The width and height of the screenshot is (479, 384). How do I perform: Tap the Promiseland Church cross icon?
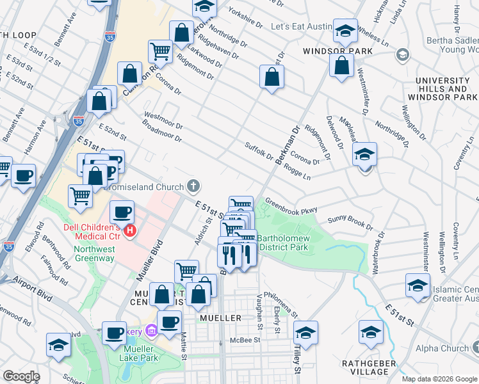click(x=193, y=186)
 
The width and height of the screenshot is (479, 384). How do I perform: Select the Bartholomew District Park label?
click(x=284, y=243)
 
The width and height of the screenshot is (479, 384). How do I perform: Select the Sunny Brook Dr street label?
click(x=350, y=222)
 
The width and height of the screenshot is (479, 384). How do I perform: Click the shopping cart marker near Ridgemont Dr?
click(x=159, y=51)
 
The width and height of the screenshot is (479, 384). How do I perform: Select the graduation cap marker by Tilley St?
click(x=305, y=333)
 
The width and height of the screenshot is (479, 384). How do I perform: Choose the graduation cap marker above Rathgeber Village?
click(x=370, y=332)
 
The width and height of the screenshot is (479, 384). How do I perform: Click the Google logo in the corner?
click(x=21, y=377)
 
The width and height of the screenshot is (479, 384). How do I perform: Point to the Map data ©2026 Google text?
click(x=439, y=379)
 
